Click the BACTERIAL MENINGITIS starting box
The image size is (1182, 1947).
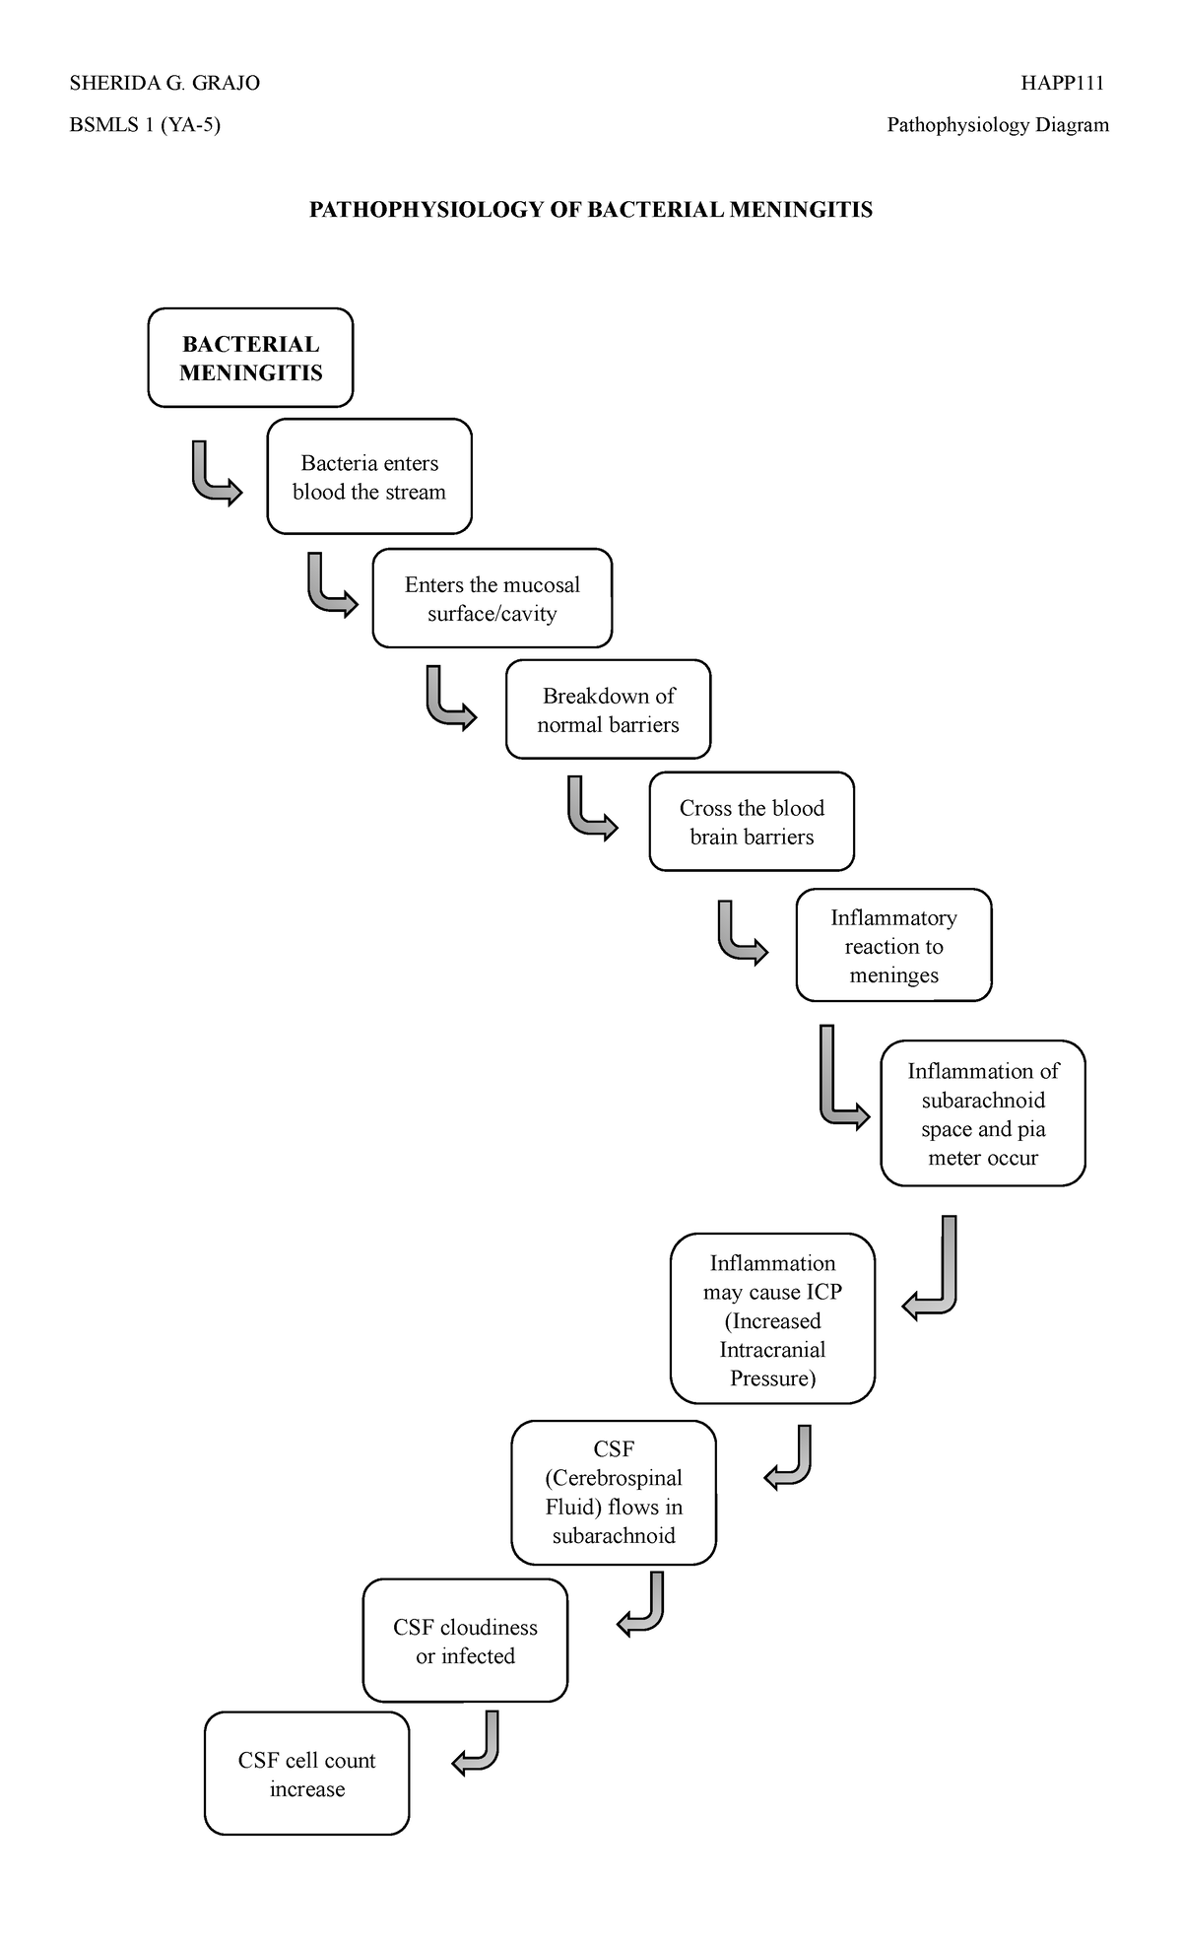(x=250, y=358)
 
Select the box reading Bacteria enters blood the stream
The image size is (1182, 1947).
(x=369, y=477)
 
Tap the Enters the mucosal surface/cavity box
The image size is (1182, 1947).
(x=492, y=598)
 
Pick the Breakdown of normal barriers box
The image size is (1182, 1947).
(x=608, y=709)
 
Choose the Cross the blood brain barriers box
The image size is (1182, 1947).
(x=752, y=822)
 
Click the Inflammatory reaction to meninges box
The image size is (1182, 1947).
(x=893, y=946)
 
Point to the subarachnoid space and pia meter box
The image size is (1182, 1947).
(x=982, y=1113)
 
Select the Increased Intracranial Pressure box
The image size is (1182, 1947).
(x=772, y=1319)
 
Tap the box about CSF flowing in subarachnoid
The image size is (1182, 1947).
(x=614, y=1492)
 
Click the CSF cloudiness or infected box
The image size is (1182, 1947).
(x=465, y=1641)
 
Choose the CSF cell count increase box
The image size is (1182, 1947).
(x=306, y=1774)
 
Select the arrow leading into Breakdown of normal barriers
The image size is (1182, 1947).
(x=448, y=701)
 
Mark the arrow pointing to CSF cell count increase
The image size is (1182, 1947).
(x=478, y=1744)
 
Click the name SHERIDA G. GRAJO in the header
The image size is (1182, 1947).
(x=164, y=83)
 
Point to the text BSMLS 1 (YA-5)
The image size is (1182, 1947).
(x=145, y=125)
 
